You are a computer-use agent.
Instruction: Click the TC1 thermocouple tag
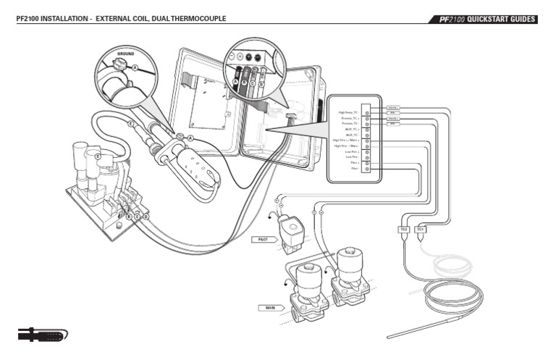pyautogui.click(x=421, y=229)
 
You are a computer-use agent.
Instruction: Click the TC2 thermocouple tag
pyautogui.click(x=404, y=229)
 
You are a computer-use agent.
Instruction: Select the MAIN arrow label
pyautogui.click(x=269, y=308)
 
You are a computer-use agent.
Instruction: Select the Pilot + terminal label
pyautogui.click(x=354, y=163)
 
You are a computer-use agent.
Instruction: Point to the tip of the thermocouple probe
pyautogui.click(x=389, y=336)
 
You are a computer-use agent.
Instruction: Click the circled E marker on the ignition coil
pyautogui.click(x=98, y=156)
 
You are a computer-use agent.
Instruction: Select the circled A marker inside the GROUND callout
pyautogui.click(x=135, y=67)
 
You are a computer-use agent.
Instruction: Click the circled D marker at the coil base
pyautogui.click(x=146, y=216)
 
